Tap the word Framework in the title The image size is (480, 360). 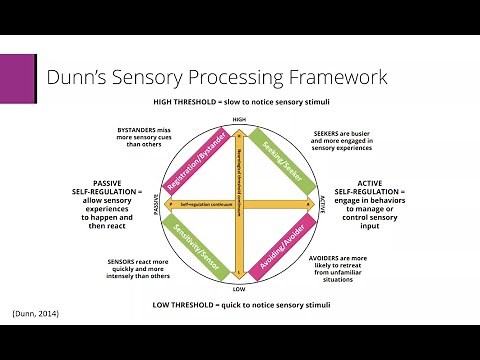coord(331,77)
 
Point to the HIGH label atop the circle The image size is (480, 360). coord(239,119)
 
